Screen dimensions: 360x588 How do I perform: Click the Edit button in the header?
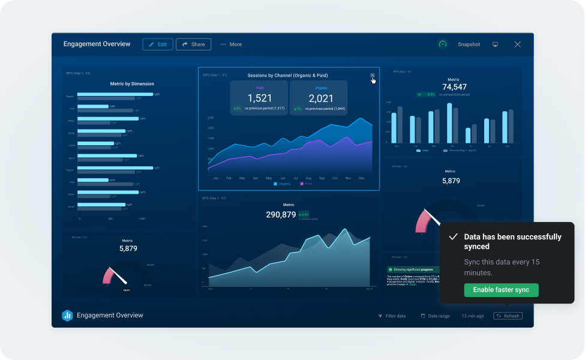click(158, 44)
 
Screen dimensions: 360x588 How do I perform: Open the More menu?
click(231, 44)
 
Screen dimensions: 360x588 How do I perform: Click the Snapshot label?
click(469, 44)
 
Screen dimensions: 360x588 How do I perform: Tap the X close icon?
click(517, 44)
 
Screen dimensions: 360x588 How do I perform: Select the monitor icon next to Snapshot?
click(495, 44)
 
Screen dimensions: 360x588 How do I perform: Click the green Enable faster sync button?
click(501, 290)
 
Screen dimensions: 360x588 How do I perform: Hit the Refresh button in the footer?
click(508, 316)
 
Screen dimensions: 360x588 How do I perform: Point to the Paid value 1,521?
click(260, 98)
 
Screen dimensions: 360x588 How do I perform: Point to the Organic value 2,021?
click(320, 98)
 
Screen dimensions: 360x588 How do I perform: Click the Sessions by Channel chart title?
click(287, 76)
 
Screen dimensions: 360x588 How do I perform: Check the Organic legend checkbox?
click(275, 184)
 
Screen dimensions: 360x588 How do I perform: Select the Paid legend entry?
click(305, 184)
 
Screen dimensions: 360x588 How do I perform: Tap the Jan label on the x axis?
click(215, 178)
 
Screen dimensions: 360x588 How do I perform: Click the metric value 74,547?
click(454, 87)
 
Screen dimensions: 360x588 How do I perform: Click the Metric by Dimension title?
click(132, 84)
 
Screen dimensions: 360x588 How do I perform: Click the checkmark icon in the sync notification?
click(454, 237)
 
